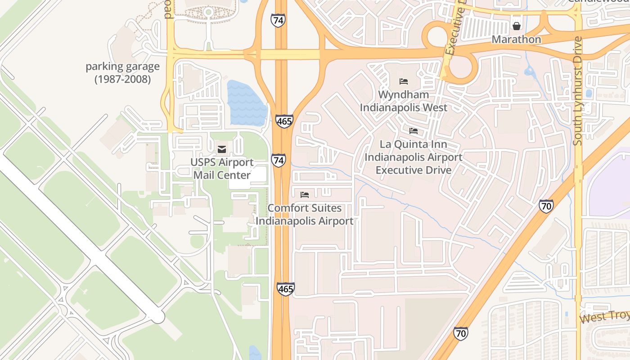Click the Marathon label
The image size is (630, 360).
[x=516, y=39]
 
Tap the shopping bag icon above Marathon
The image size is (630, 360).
[x=517, y=26]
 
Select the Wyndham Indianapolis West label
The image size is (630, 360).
[x=403, y=101]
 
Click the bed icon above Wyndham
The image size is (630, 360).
[x=404, y=81]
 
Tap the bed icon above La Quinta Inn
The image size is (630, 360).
[x=414, y=131]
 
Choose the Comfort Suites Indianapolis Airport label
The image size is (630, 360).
[x=305, y=215]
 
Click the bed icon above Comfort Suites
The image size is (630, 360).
[x=305, y=195]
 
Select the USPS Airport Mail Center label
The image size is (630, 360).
[x=222, y=169]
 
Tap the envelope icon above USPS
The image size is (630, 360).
[x=222, y=149]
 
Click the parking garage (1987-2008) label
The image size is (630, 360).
[x=122, y=73]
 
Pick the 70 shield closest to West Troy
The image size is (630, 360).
[x=460, y=333]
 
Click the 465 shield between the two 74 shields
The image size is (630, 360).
[x=284, y=121]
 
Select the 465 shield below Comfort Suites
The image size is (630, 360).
[x=285, y=289]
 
